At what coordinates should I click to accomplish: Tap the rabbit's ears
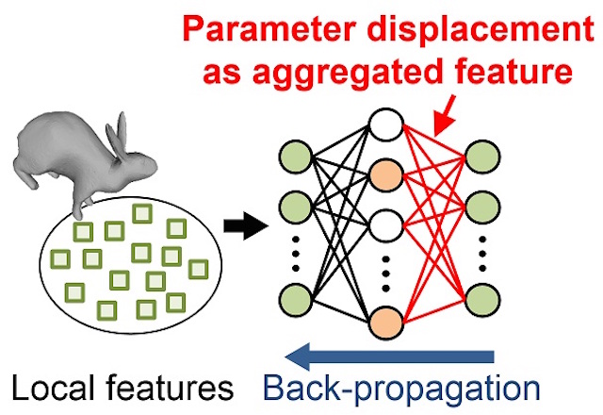121,129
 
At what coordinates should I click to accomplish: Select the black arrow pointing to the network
239,224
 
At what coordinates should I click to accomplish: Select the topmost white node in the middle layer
386,124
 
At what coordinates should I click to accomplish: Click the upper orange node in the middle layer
386,175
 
